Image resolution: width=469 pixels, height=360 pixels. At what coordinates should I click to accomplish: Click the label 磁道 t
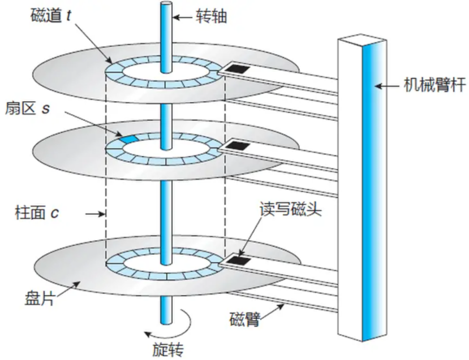coord(51,16)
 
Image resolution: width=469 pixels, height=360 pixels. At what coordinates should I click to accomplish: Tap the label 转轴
coord(212,17)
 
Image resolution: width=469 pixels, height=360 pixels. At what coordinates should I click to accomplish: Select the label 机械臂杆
coord(434,85)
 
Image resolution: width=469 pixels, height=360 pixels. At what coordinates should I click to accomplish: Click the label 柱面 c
coord(37,213)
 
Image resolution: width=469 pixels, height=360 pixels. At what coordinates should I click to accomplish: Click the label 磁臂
coord(244,319)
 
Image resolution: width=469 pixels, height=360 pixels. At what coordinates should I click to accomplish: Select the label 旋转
coord(168,349)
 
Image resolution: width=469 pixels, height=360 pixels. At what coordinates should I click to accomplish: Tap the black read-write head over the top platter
coord(237,69)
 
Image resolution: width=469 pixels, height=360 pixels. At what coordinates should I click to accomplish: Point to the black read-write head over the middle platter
coord(237,145)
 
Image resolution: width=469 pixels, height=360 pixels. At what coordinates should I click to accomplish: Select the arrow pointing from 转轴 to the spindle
coord(183,17)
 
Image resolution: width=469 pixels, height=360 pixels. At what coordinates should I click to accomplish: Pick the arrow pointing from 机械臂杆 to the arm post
coord(387,86)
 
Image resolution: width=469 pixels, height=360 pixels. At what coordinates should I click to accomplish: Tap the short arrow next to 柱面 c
coord(95,214)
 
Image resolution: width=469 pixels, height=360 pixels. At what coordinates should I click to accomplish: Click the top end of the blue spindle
coord(167,5)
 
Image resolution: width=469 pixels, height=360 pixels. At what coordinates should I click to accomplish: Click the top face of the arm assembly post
coord(362,39)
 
